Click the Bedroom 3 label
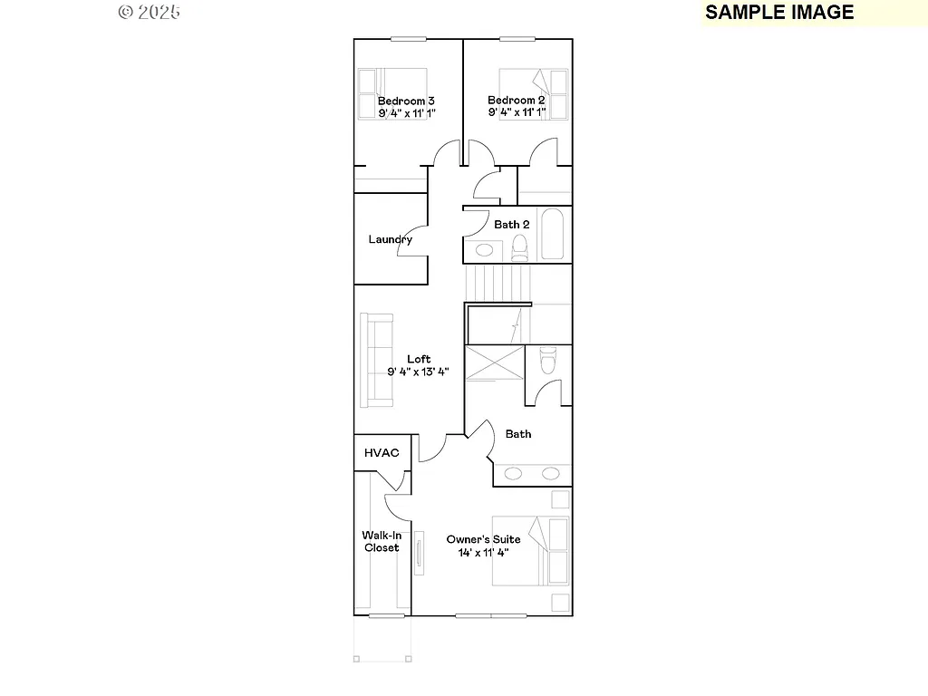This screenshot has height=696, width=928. tap(406, 101)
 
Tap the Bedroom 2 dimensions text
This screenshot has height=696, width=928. tap(517, 113)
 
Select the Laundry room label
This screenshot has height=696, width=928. tap(390, 240)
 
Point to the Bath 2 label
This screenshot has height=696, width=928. tap(511, 225)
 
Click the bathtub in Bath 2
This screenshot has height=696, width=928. tap(552, 235)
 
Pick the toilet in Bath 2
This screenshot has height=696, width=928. tap(519, 246)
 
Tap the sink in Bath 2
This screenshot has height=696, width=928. tap(485, 250)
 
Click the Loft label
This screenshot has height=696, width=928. tap(419, 359)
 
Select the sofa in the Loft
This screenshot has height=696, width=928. tap(375, 360)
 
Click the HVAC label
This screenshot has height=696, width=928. tap(382, 453)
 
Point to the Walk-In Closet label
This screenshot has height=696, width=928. tap(382, 541)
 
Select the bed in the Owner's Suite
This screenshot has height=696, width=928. tap(531, 551)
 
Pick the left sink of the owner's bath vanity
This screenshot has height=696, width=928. tap(513, 473)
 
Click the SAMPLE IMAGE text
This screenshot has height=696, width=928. tap(779, 12)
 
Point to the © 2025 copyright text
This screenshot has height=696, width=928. tap(150, 12)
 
